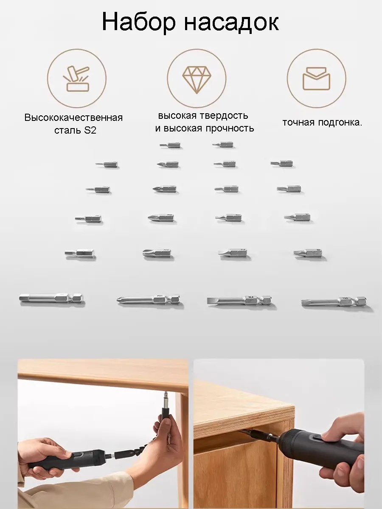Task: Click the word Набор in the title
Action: click(139, 22)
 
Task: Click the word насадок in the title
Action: click(231, 24)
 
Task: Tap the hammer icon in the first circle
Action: click(76, 78)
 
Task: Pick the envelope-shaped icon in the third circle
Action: click(316, 78)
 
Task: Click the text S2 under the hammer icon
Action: click(90, 131)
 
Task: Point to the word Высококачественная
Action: click(73, 118)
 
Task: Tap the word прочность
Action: click(230, 129)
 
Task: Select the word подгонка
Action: click(340, 123)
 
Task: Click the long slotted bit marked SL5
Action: click(239, 301)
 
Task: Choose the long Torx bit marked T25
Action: click(334, 302)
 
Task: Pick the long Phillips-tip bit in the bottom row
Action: click(149, 300)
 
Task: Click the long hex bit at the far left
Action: click(51, 299)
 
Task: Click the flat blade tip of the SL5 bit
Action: click(208, 301)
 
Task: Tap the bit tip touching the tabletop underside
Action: click(166, 392)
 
